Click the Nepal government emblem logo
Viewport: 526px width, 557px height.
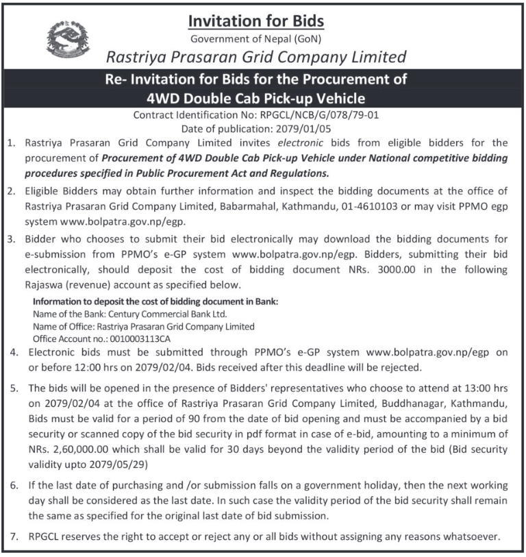(67, 39)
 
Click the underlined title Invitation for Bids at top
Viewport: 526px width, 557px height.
(255, 20)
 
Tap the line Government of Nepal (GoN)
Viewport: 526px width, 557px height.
(255, 38)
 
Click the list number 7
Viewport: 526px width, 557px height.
(14, 536)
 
